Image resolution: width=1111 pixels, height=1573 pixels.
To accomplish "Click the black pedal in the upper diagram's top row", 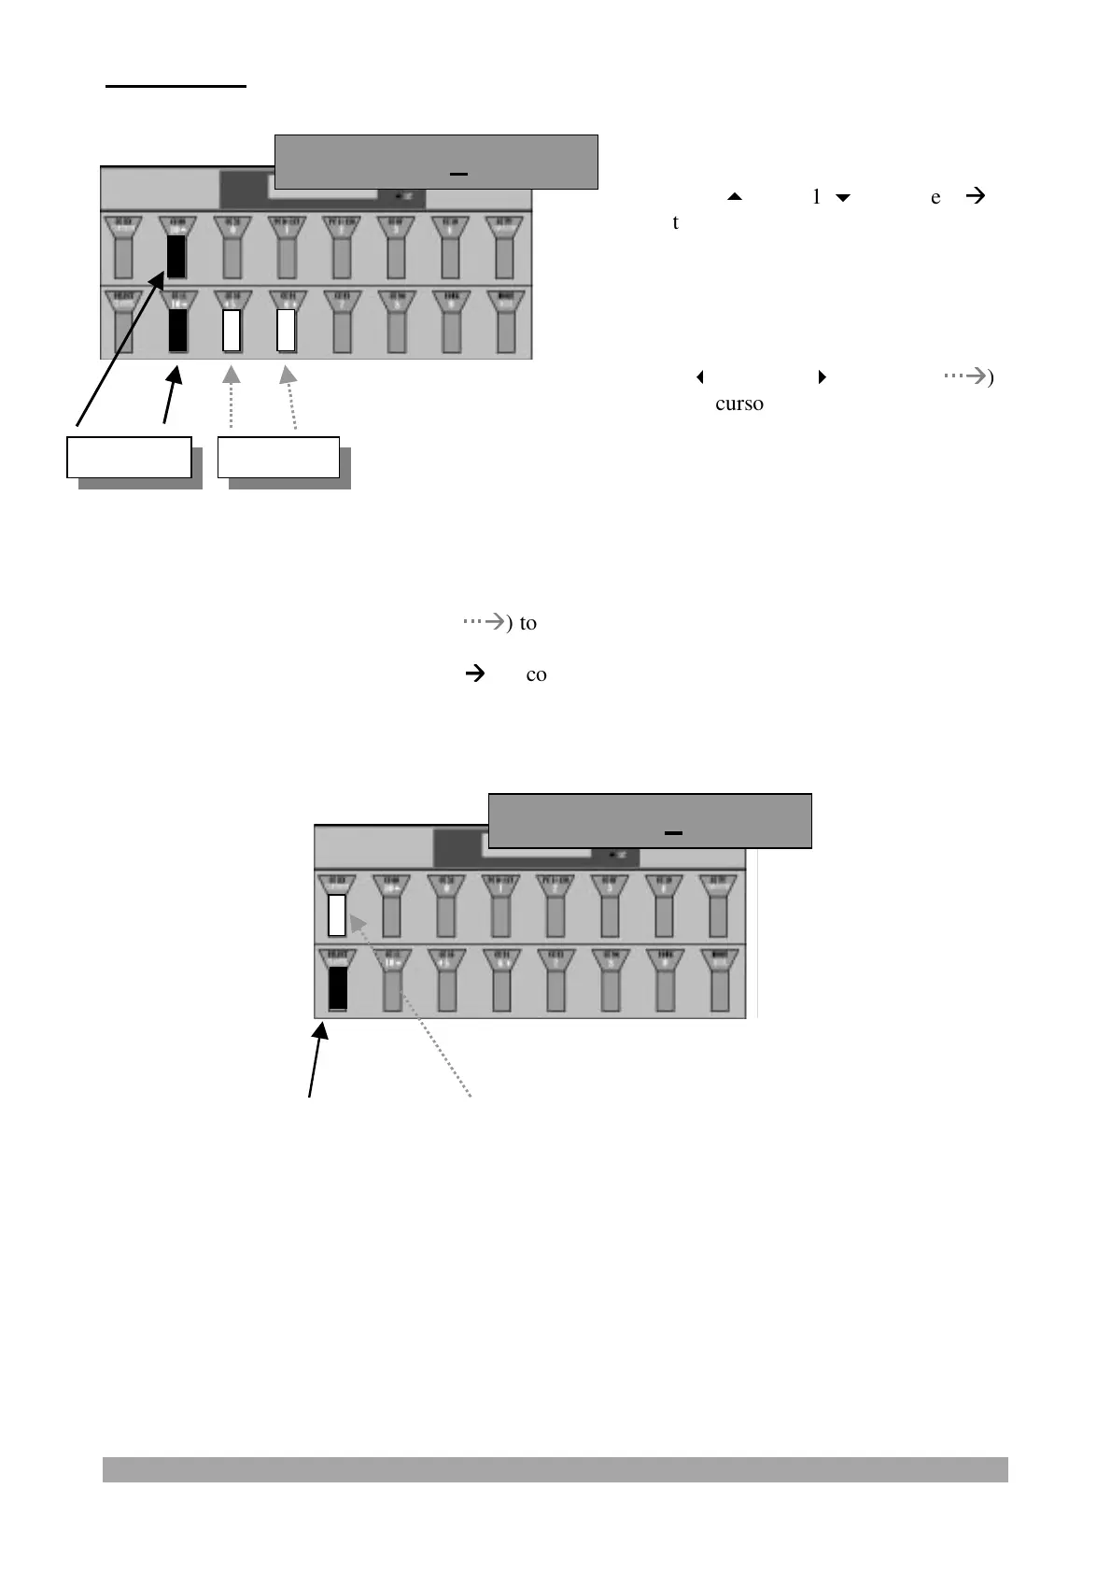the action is [176, 257].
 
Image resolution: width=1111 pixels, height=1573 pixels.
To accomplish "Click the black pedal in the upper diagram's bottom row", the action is [177, 331].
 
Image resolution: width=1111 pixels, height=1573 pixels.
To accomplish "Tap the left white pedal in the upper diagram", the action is [232, 330].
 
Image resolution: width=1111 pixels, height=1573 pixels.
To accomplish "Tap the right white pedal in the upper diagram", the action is [287, 330].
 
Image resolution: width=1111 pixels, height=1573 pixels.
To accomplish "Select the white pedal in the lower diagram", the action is [337, 914].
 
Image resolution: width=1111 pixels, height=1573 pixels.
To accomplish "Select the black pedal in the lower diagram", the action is [337, 988].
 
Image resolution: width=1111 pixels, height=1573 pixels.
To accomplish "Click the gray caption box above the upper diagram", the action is [436, 162].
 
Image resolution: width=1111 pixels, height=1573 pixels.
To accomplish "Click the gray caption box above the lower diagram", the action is [650, 820].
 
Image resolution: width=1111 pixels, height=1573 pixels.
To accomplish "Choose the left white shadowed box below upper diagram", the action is [129, 457].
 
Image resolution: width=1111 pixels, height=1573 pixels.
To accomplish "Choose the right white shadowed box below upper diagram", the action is [278, 457].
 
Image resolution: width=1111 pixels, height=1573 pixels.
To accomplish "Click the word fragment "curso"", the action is [739, 404].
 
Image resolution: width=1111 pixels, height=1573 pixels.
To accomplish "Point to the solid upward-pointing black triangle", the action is [734, 197].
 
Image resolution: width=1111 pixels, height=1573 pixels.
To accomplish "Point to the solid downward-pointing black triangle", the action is [843, 197].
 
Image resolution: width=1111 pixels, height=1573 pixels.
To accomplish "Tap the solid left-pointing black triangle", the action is [699, 377].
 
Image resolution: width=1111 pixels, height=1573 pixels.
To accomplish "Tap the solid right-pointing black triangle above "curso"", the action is [822, 377].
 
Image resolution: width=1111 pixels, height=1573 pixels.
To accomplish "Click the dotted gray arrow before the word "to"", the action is [485, 621].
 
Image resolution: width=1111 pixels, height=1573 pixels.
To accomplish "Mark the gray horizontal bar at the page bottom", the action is [555, 1468].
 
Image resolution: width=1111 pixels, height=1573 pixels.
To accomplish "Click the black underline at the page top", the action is [176, 86].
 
